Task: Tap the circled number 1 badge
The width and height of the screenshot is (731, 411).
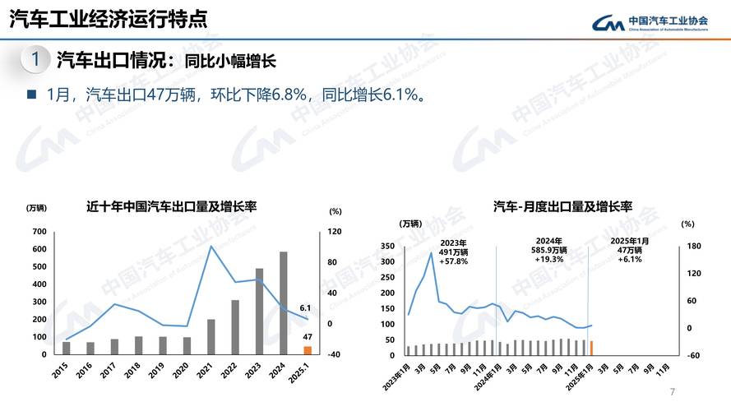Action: [x=35, y=59]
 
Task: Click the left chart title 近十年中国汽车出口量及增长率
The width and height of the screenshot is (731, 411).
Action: [x=172, y=205]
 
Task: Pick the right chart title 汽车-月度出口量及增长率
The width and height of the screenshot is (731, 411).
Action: [x=562, y=205]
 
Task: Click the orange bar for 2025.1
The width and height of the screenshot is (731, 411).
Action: [x=308, y=350]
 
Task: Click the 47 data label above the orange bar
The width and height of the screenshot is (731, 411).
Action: [x=307, y=337]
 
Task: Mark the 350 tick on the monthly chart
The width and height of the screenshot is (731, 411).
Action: [x=389, y=246]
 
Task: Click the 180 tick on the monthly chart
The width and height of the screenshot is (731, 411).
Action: [x=692, y=246]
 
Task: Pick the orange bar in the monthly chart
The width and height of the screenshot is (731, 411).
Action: [x=591, y=348]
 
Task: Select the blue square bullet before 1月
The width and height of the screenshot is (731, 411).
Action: [x=31, y=95]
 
